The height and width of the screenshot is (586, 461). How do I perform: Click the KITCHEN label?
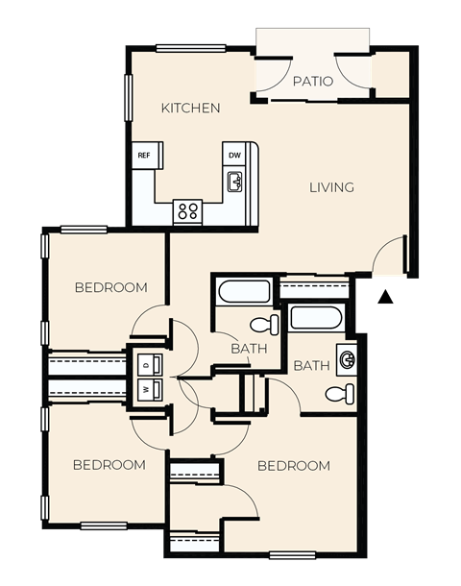(191, 108)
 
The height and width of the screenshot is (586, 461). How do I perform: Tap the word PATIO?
(313, 82)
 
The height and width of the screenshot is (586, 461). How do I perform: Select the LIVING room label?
(331, 187)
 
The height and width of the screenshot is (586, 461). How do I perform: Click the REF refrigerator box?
(144, 155)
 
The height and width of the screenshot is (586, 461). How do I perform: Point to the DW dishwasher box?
(233, 155)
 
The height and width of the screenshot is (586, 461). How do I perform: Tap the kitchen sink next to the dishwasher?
(234, 181)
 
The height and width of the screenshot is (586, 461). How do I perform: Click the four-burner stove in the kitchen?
(187, 210)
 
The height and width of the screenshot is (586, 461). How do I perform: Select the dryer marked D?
(145, 366)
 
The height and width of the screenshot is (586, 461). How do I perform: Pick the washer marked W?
(145, 390)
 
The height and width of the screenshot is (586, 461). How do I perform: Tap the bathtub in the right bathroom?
(318, 317)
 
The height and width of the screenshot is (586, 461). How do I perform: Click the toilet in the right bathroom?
(339, 393)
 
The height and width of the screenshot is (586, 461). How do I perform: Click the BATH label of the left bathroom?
(249, 349)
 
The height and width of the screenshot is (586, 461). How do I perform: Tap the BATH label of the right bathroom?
(311, 366)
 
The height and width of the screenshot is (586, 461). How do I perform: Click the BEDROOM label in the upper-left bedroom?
(111, 287)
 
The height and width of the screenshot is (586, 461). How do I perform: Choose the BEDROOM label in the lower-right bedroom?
(294, 466)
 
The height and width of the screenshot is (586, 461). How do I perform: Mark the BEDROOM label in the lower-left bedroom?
(109, 465)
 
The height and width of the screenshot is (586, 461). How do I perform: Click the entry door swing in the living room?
(389, 255)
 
